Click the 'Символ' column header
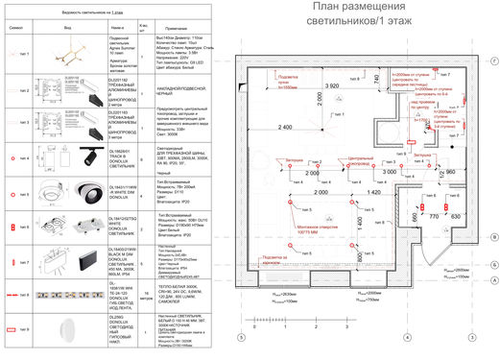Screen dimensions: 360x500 pos(22,30)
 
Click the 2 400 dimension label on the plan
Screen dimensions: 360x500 pos(284,128)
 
